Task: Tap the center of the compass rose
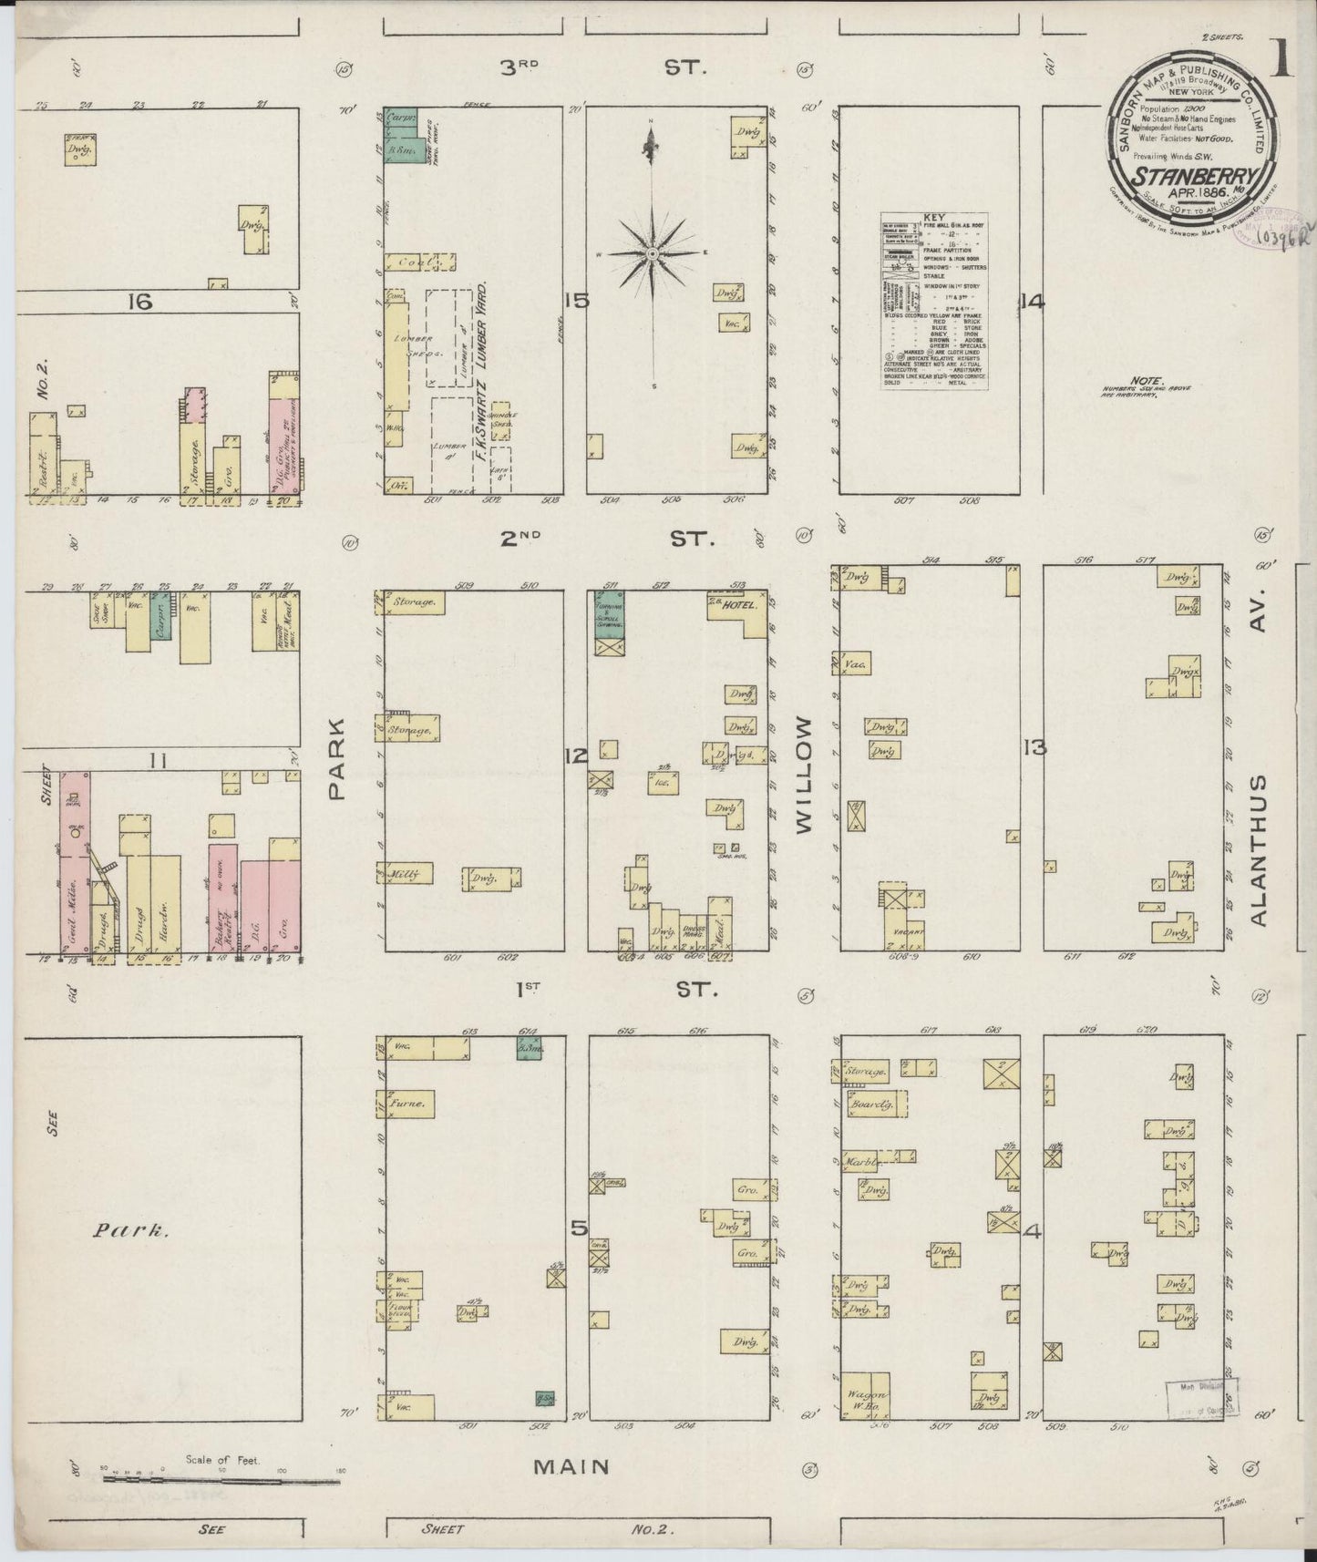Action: [x=653, y=252]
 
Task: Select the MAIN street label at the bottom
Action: [x=571, y=1465]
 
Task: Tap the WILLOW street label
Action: [x=803, y=775]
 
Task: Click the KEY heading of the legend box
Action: [x=934, y=218]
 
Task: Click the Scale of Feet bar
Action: [x=219, y=1479]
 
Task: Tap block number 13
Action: [x=1034, y=748]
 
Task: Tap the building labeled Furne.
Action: [x=406, y=1105]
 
